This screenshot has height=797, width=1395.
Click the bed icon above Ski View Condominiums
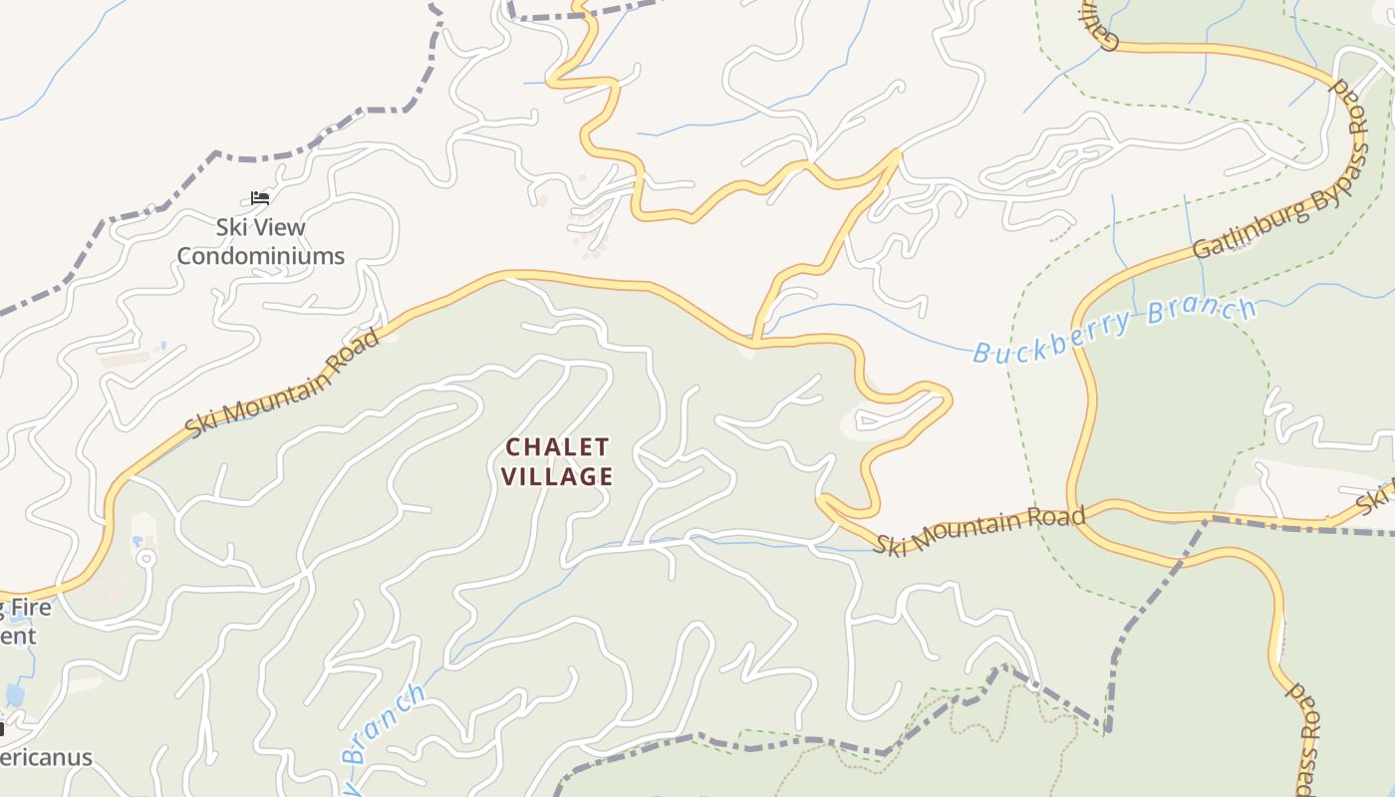click(x=260, y=198)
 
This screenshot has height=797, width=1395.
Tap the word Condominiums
click(x=261, y=256)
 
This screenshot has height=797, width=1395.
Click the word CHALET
click(x=557, y=446)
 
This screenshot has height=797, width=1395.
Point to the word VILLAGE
click(x=557, y=476)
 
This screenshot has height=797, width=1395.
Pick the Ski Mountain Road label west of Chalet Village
click(x=283, y=383)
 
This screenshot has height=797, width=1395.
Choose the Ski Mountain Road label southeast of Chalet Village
click(x=979, y=531)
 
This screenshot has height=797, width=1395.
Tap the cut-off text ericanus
click(x=46, y=757)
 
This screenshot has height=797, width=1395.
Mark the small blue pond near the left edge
click(x=14, y=694)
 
